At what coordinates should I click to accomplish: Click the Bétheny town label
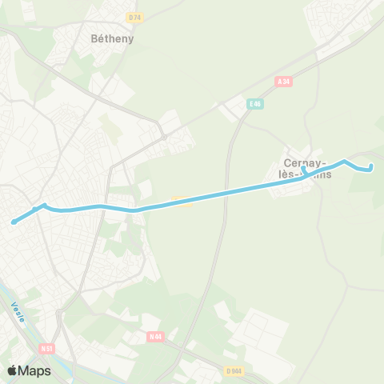tap(111, 38)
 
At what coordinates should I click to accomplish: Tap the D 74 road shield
tap(134, 17)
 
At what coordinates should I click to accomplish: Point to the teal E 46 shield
tap(255, 103)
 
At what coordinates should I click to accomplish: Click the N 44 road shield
tap(155, 314)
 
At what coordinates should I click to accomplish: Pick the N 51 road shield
tap(47, 348)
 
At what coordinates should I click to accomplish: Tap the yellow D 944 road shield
tap(233, 370)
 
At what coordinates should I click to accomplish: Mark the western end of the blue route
tap(14, 222)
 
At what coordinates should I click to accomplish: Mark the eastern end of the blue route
tap(370, 166)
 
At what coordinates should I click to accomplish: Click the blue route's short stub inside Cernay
tap(304, 170)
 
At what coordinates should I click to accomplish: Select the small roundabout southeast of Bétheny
tap(164, 138)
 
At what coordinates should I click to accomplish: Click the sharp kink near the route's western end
tap(43, 206)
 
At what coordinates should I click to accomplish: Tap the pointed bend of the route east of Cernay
tap(344, 162)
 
